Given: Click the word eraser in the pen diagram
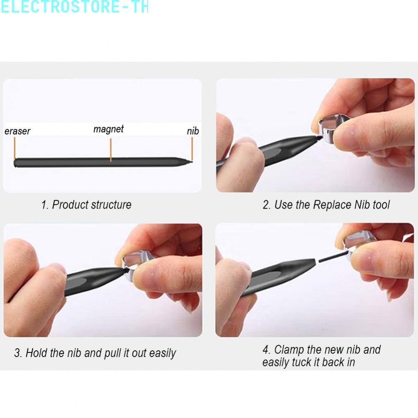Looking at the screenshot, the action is pyautogui.click(x=17, y=131).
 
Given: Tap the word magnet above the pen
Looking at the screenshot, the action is pyautogui.click(x=109, y=129).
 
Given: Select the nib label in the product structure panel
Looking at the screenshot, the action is pyautogui.click(x=193, y=131).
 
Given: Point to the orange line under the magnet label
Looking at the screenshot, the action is pyautogui.click(x=111, y=150).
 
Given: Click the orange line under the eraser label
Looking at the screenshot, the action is pyautogui.click(x=15, y=148).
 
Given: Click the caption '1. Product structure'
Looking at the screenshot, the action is pyautogui.click(x=87, y=205).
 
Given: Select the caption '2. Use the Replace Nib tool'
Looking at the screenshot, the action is pyautogui.click(x=326, y=205).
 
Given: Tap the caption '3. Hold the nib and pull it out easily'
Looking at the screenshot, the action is pyautogui.click(x=95, y=353).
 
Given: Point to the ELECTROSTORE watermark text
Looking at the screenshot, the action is pyautogui.click(x=74, y=7).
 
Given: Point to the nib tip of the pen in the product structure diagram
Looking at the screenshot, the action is pyautogui.click(x=191, y=161).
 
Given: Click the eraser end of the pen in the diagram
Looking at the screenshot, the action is pyautogui.click(x=15, y=163).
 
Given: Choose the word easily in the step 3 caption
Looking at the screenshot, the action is pyautogui.click(x=163, y=353).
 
